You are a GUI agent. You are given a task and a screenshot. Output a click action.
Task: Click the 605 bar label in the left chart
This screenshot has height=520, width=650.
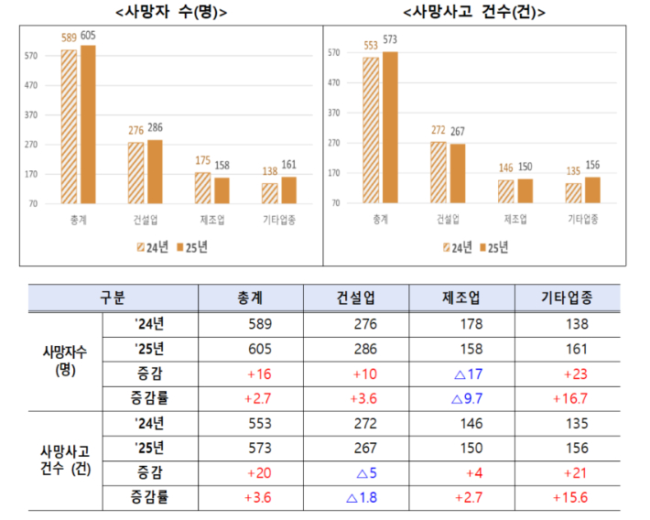(x=88, y=36)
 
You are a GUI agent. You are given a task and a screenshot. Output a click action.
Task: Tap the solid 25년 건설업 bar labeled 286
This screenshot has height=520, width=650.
(x=155, y=171)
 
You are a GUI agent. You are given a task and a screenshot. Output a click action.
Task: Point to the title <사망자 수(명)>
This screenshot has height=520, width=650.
(x=172, y=13)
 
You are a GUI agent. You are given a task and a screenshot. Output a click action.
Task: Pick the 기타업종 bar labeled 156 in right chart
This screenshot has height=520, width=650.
(x=592, y=189)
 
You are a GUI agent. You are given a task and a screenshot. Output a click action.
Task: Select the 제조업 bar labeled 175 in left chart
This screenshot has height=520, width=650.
(x=201, y=188)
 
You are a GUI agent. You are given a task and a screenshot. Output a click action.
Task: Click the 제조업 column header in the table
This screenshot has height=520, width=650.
(x=463, y=298)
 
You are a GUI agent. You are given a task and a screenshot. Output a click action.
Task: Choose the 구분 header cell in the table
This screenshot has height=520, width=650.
(x=113, y=298)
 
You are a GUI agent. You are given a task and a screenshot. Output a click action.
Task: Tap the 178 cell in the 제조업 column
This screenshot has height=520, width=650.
(x=465, y=323)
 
